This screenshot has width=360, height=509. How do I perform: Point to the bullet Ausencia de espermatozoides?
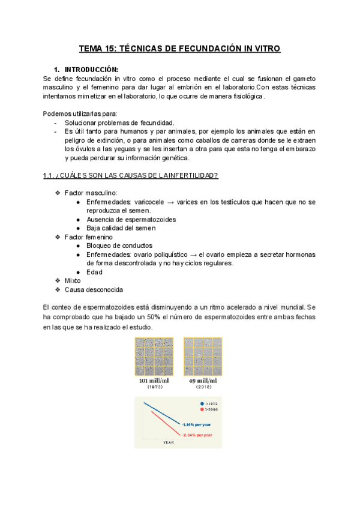coord(131,219)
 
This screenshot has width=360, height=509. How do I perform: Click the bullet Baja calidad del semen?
coord(121,228)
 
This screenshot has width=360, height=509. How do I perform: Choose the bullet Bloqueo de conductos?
coord(119,245)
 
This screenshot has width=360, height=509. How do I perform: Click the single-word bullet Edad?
coord(94,271)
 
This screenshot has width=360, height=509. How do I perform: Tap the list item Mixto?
coord(74,280)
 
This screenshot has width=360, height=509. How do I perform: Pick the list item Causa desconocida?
coord(94,289)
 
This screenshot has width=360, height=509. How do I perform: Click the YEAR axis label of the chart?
coord(169,442)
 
